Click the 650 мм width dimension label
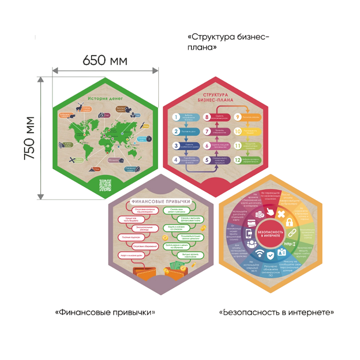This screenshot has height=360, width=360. point(105,60)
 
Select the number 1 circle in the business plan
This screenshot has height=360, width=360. point(176,117)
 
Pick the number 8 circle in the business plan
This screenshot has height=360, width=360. point(206,117)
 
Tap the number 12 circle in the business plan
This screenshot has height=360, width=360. point(237,160)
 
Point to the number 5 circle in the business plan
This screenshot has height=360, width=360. point(206,160)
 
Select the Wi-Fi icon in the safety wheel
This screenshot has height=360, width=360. point(260,253)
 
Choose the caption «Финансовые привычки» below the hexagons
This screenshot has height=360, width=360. point(105,312)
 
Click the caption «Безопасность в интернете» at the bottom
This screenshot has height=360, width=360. point(276,312)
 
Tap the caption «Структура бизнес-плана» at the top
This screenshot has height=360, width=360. point(228,42)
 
